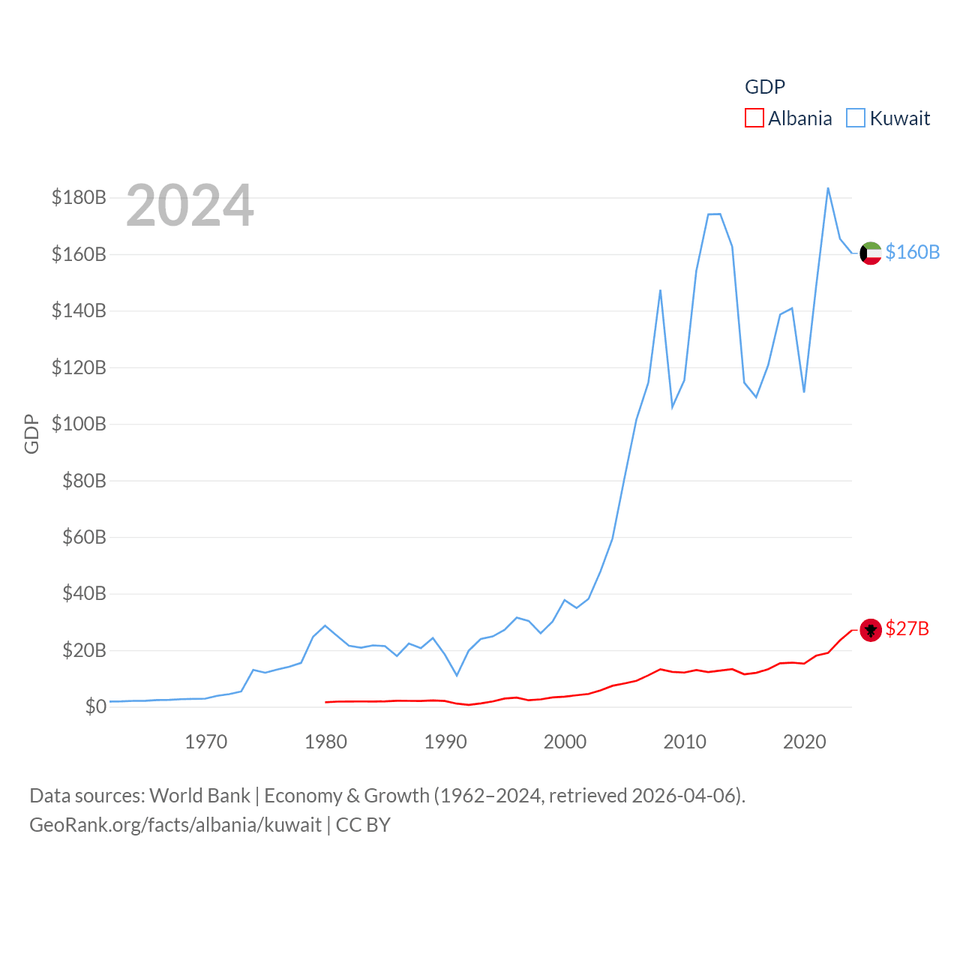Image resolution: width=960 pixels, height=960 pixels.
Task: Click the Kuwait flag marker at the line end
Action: coord(870,253)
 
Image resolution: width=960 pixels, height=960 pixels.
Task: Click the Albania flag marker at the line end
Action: coord(870,630)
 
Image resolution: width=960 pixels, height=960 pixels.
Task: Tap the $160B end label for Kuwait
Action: coord(912,252)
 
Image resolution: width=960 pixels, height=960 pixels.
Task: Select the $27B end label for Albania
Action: coord(907,628)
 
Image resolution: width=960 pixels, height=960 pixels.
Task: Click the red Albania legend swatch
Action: coord(754,118)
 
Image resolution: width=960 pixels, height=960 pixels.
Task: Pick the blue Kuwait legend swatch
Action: coord(855,118)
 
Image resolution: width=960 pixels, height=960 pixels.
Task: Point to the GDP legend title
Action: coord(764,87)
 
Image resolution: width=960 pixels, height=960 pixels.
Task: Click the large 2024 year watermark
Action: coord(190,205)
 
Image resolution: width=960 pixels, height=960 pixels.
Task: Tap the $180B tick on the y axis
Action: coord(79,197)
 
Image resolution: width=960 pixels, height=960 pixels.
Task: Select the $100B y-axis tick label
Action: coord(79,424)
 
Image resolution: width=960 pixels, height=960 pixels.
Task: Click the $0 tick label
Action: coord(95,706)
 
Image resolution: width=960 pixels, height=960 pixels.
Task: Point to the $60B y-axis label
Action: coord(84,537)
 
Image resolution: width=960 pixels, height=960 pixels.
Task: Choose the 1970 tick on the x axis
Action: coord(206,742)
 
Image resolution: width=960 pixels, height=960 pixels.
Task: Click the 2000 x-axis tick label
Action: coord(565,742)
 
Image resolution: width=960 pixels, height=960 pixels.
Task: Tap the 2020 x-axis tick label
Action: coord(804,742)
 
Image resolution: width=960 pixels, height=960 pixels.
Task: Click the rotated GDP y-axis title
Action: coord(31,433)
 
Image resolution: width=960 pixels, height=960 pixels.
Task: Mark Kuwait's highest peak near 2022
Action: coord(828,188)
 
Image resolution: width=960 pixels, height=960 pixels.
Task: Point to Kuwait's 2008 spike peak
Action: coord(660,290)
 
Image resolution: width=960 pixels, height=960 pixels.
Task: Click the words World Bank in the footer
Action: coord(199,795)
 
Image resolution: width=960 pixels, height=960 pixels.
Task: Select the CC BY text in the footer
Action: coord(363,825)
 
